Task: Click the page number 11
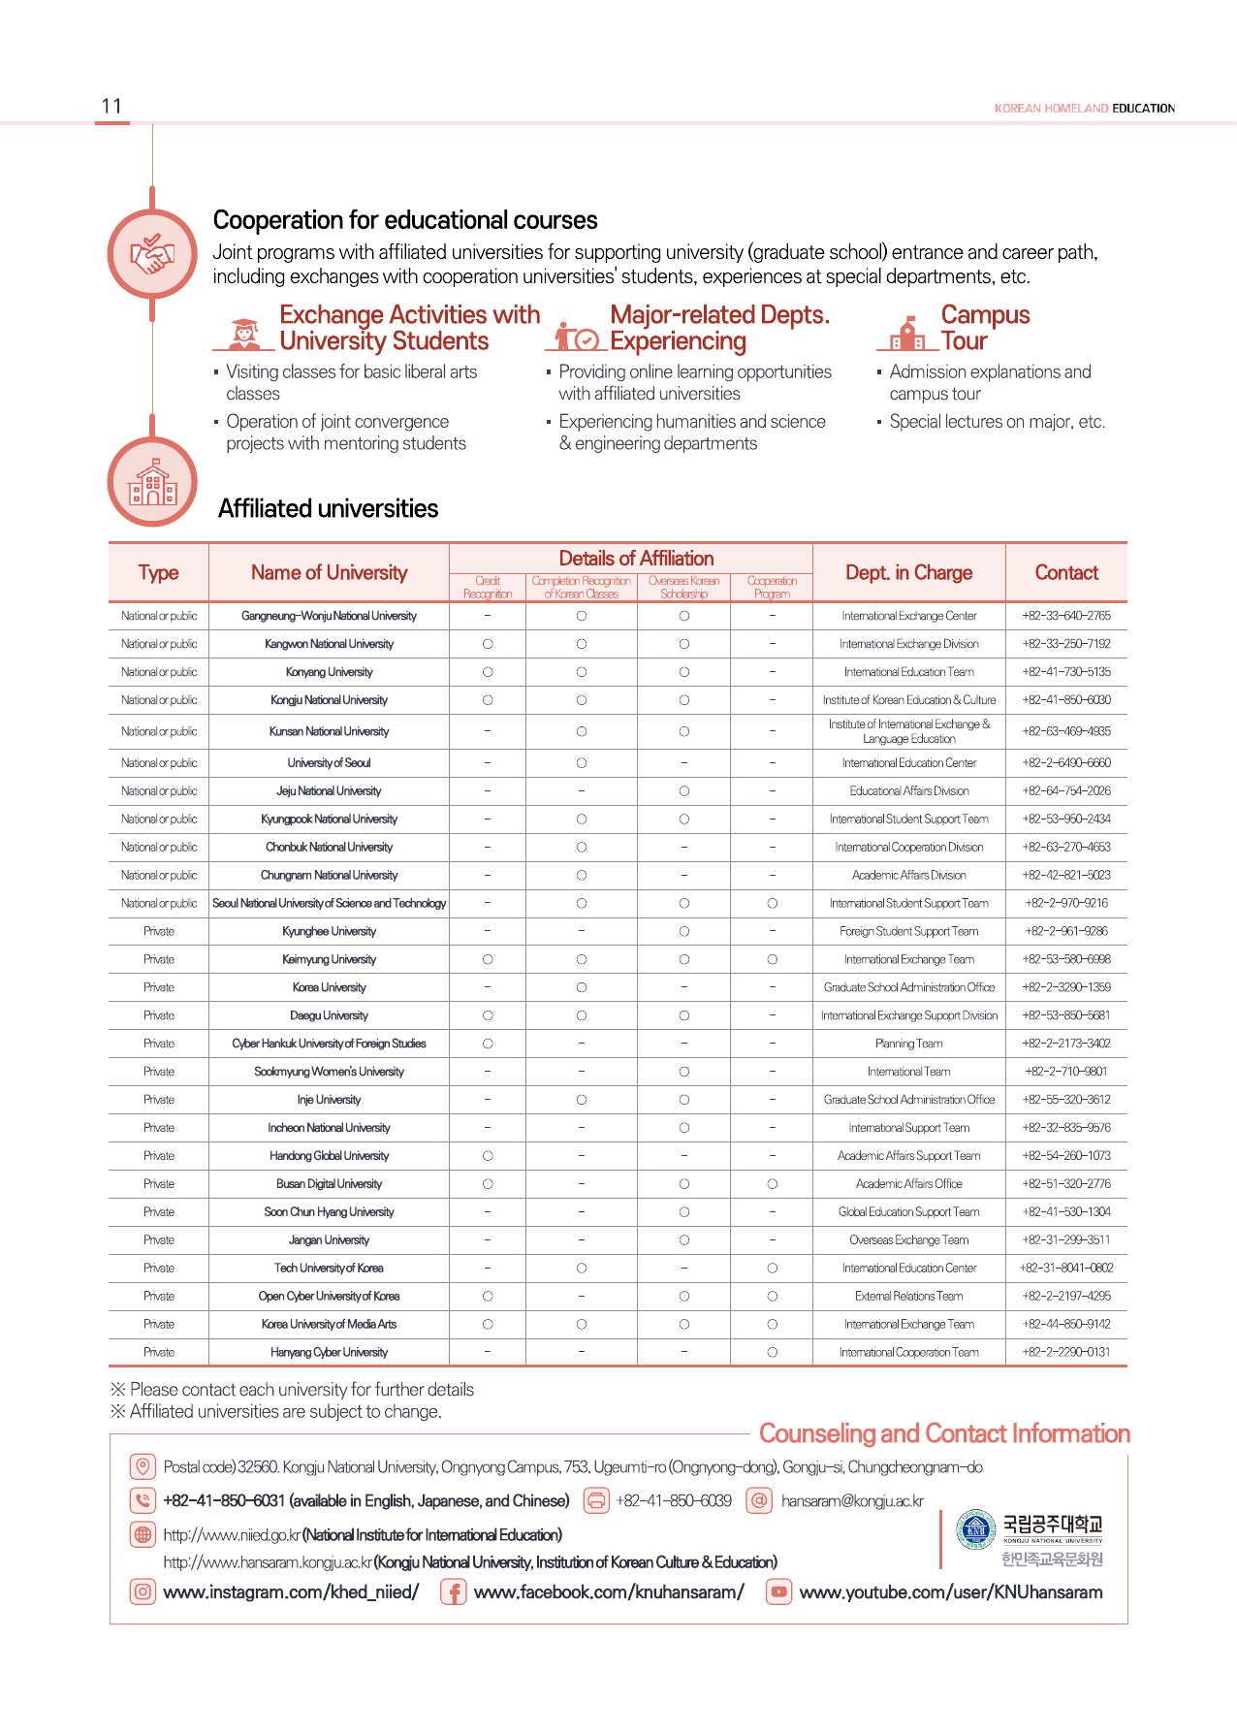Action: pos(111,107)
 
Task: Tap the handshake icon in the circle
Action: pos(152,254)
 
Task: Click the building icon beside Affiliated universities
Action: pos(152,482)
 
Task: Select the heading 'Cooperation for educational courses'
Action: pos(405,220)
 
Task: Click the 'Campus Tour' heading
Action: pos(984,328)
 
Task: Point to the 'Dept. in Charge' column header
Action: pos(908,572)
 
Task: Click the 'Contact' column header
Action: pos(1066,572)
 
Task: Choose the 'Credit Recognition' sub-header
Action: pos(488,588)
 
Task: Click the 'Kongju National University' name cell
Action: pos(329,700)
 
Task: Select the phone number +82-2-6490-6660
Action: pos(1066,763)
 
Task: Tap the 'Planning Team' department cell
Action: pos(908,1044)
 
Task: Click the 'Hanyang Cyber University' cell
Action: pos(329,1352)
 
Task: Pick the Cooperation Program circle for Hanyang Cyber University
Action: pos(772,1352)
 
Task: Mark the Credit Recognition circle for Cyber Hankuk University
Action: pos(488,1044)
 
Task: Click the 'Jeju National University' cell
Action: pos(329,791)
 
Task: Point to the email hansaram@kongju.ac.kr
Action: pos(852,1501)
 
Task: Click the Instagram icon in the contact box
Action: pos(143,1591)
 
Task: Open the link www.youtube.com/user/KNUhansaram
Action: pos(950,1591)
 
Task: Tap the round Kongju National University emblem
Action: pos(975,1529)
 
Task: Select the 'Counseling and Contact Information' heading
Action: pos(944,1433)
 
